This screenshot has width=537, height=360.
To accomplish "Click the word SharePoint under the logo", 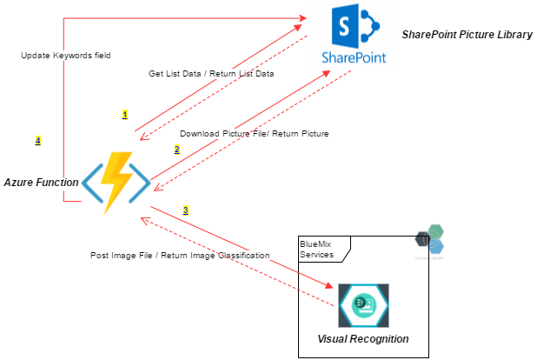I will click(354, 57).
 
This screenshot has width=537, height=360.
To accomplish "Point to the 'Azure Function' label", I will click(41, 183).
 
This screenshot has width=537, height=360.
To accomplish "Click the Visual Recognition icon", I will click(363, 305).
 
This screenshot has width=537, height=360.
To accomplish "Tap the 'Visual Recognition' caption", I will click(363, 338).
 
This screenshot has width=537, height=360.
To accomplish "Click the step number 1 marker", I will click(124, 114).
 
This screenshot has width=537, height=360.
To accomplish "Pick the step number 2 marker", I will click(176, 150).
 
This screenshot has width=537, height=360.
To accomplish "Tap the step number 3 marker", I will click(185, 210).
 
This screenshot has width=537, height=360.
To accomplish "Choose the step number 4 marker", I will click(37, 140).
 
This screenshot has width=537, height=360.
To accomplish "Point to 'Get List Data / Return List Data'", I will click(211, 74).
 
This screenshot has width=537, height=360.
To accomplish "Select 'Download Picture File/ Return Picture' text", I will click(254, 134).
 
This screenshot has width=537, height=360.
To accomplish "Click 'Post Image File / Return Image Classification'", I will click(180, 256).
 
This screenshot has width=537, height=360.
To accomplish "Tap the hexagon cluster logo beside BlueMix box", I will click(431, 238).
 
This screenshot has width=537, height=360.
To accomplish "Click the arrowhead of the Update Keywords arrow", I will click(305, 17).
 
